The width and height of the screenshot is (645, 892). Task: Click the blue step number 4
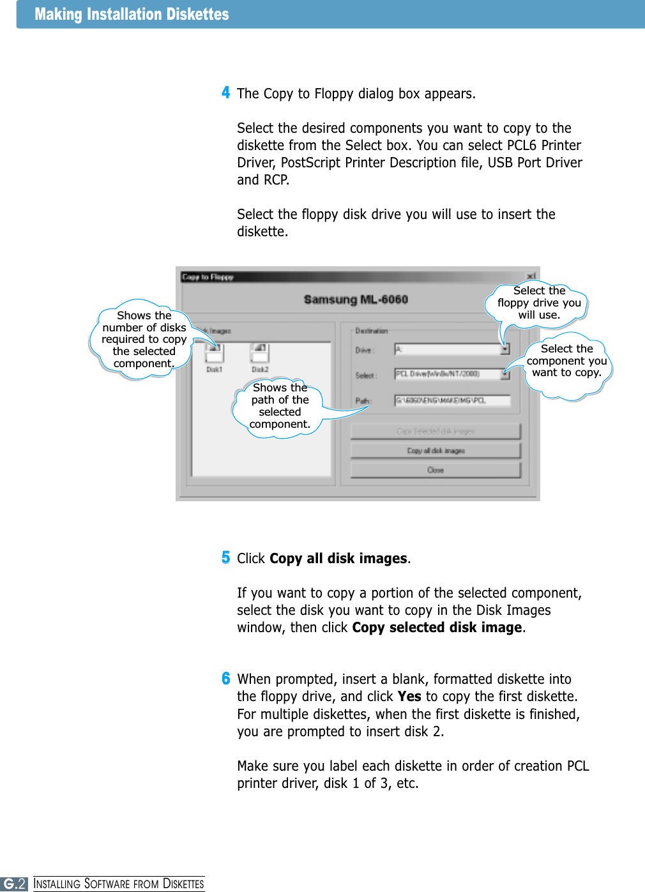[225, 93]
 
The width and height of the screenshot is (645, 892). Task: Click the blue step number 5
[225, 557]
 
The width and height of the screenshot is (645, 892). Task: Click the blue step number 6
[225, 678]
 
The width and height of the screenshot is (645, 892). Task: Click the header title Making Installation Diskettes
[132, 14]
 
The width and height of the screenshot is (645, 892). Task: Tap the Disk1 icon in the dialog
[214, 353]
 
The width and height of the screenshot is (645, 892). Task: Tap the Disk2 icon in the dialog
[260, 353]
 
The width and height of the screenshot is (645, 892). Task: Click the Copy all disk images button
[436, 451]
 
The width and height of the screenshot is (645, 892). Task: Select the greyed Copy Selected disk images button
[436, 432]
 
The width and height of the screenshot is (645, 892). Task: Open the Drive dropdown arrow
[505, 349]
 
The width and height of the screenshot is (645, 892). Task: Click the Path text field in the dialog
[452, 401]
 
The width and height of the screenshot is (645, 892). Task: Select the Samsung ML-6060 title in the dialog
[356, 299]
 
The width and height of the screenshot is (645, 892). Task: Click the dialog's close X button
[531, 276]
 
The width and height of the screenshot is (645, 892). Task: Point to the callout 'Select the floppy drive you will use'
[539, 303]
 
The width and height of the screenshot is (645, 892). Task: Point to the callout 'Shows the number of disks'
[144, 339]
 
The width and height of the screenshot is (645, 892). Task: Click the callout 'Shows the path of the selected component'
[280, 406]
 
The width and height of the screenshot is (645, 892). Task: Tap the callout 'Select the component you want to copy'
[566, 361]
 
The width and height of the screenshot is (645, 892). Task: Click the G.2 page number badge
[14, 884]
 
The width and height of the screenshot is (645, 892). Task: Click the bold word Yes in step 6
[409, 696]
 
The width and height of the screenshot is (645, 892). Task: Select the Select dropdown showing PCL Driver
[447, 374]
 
